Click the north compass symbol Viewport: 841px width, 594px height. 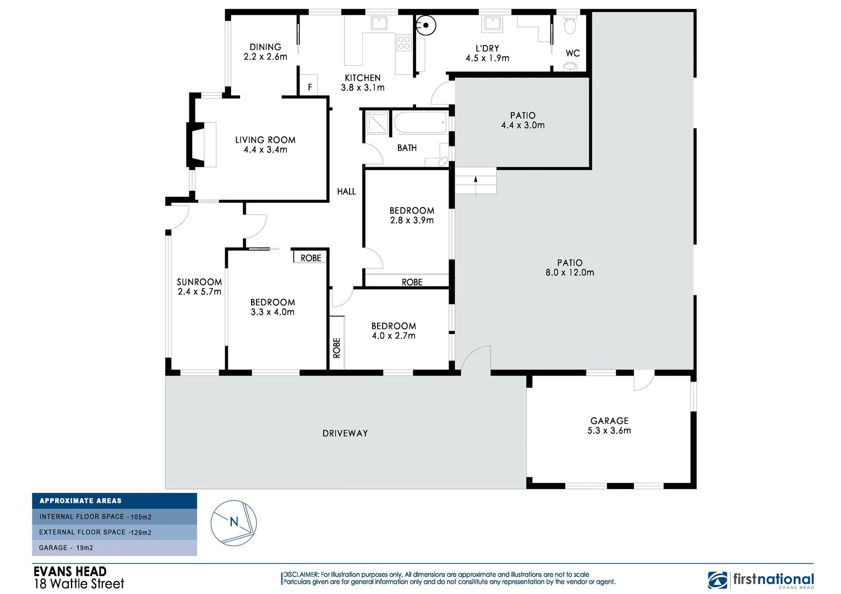coord(233,522)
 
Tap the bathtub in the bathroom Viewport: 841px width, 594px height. coord(420,123)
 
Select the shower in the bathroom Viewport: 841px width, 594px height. coord(378,123)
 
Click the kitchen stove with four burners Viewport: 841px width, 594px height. coord(404,43)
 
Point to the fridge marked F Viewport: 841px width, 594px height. coord(309,86)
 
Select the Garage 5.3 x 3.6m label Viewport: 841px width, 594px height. coord(609,426)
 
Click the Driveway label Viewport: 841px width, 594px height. coord(345,433)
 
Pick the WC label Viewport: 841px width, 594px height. coord(572,53)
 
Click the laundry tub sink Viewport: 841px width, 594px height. coord(492,24)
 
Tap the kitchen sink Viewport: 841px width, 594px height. coord(379,23)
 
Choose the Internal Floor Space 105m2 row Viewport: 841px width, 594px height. coord(114,516)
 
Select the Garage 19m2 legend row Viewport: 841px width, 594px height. coord(114,548)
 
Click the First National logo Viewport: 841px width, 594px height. coord(761,580)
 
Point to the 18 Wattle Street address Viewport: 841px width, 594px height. coord(79,584)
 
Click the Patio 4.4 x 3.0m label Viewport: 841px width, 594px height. coord(522,120)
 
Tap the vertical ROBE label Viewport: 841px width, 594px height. coord(336,348)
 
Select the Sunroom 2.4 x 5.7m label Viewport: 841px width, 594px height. coord(199,287)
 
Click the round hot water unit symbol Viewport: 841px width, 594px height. coord(425,25)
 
